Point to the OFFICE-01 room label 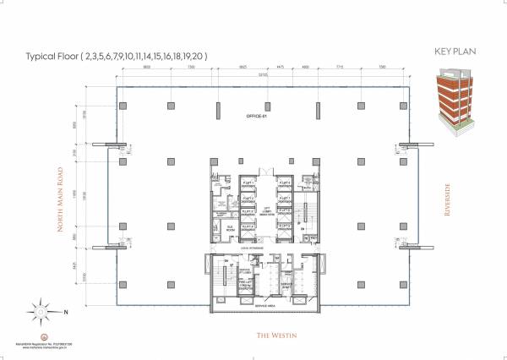(256, 115)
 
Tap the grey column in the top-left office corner (123, 105)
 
